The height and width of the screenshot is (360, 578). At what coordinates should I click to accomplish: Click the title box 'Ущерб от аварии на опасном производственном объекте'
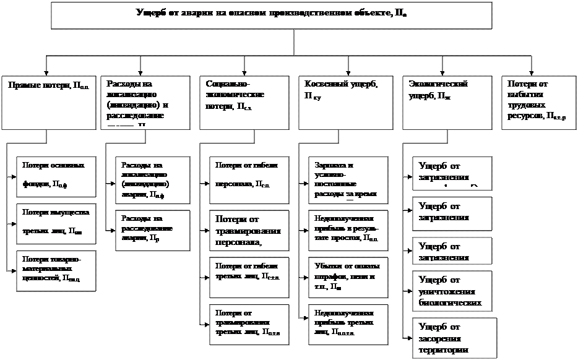271,15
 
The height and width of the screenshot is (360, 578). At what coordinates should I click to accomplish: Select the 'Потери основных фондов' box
56,177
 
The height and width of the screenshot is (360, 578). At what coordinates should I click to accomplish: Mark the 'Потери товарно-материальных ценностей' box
56,269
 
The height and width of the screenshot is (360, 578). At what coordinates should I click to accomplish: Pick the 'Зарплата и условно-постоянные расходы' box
348,180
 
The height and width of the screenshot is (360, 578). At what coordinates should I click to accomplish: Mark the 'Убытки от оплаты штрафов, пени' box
348,275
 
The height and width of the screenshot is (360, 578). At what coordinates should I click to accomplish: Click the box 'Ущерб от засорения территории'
455,337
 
